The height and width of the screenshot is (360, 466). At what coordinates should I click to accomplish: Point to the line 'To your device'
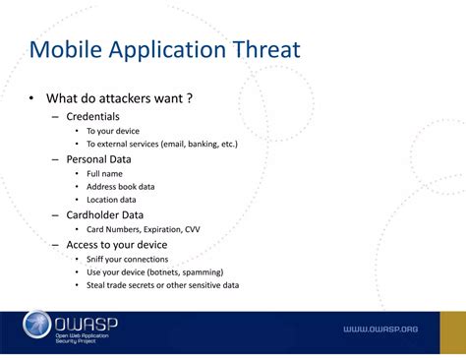click(113, 131)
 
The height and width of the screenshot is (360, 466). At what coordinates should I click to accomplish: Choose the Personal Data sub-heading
click(98, 158)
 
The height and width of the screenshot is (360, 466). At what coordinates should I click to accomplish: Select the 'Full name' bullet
click(105, 173)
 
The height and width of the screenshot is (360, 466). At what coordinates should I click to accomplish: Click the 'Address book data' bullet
click(120, 186)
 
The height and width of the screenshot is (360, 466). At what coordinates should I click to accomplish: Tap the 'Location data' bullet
click(111, 200)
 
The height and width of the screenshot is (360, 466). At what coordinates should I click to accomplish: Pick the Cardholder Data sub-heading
click(104, 214)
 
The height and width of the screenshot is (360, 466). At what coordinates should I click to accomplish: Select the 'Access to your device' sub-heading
click(116, 244)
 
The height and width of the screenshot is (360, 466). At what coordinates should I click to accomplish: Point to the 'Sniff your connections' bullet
click(127, 259)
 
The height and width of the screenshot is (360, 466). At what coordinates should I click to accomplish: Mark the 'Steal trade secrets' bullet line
click(162, 285)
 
